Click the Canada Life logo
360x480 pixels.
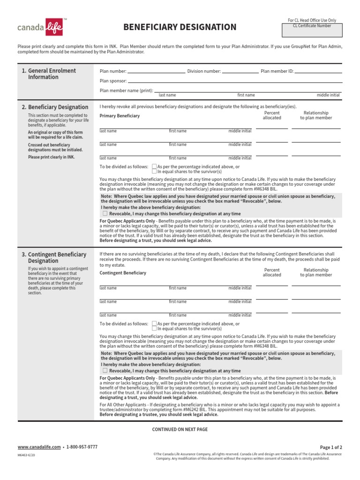40,27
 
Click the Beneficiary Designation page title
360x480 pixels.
180,27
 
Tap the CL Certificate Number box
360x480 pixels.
312,31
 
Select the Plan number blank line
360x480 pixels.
156,72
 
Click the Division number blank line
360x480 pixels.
240,72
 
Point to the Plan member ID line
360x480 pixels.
318,72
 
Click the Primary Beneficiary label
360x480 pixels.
120,116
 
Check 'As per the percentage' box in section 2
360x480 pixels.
155,166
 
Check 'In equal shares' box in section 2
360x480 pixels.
155,172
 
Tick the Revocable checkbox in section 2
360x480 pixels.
105,213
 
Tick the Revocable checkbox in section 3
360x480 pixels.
105,370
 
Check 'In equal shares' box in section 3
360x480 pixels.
155,329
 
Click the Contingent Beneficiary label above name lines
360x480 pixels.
123,273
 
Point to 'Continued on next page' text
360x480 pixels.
180,429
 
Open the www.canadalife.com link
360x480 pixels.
39,447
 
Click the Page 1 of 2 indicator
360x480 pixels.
331,447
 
